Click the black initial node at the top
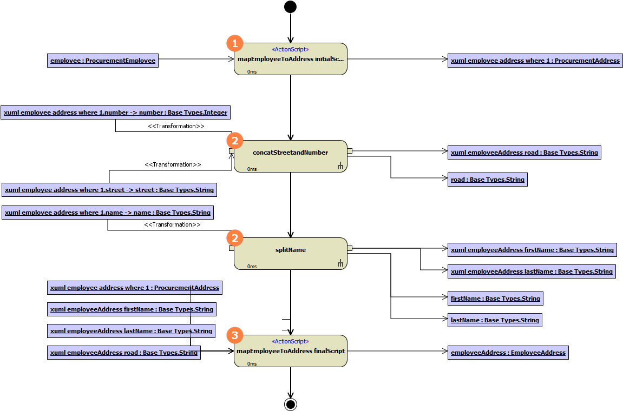(x=291, y=6)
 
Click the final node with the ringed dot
(x=291, y=404)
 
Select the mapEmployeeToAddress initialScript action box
(x=290, y=59)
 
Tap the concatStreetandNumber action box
(x=290, y=156)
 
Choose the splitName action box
(x=290, y=254)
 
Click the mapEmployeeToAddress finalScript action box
(x=290, y=351)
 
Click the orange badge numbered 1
(x=234, y=43)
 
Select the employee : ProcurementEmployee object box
(x=103, y=61)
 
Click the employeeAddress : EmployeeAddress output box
(x=508, y=353)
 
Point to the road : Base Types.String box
(x=488, y=180)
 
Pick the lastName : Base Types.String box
(x=495, y=320)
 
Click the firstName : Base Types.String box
(x=495, y=299)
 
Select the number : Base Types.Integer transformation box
(x=116, y=113)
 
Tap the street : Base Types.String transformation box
(x=109, y=190)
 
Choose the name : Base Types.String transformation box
(x=108, y=213)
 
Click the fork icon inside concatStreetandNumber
(x=340, y=166)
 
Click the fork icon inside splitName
(x=340, y=263)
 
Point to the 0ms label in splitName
(x=252, y=266)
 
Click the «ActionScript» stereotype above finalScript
(x=290, y=341)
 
